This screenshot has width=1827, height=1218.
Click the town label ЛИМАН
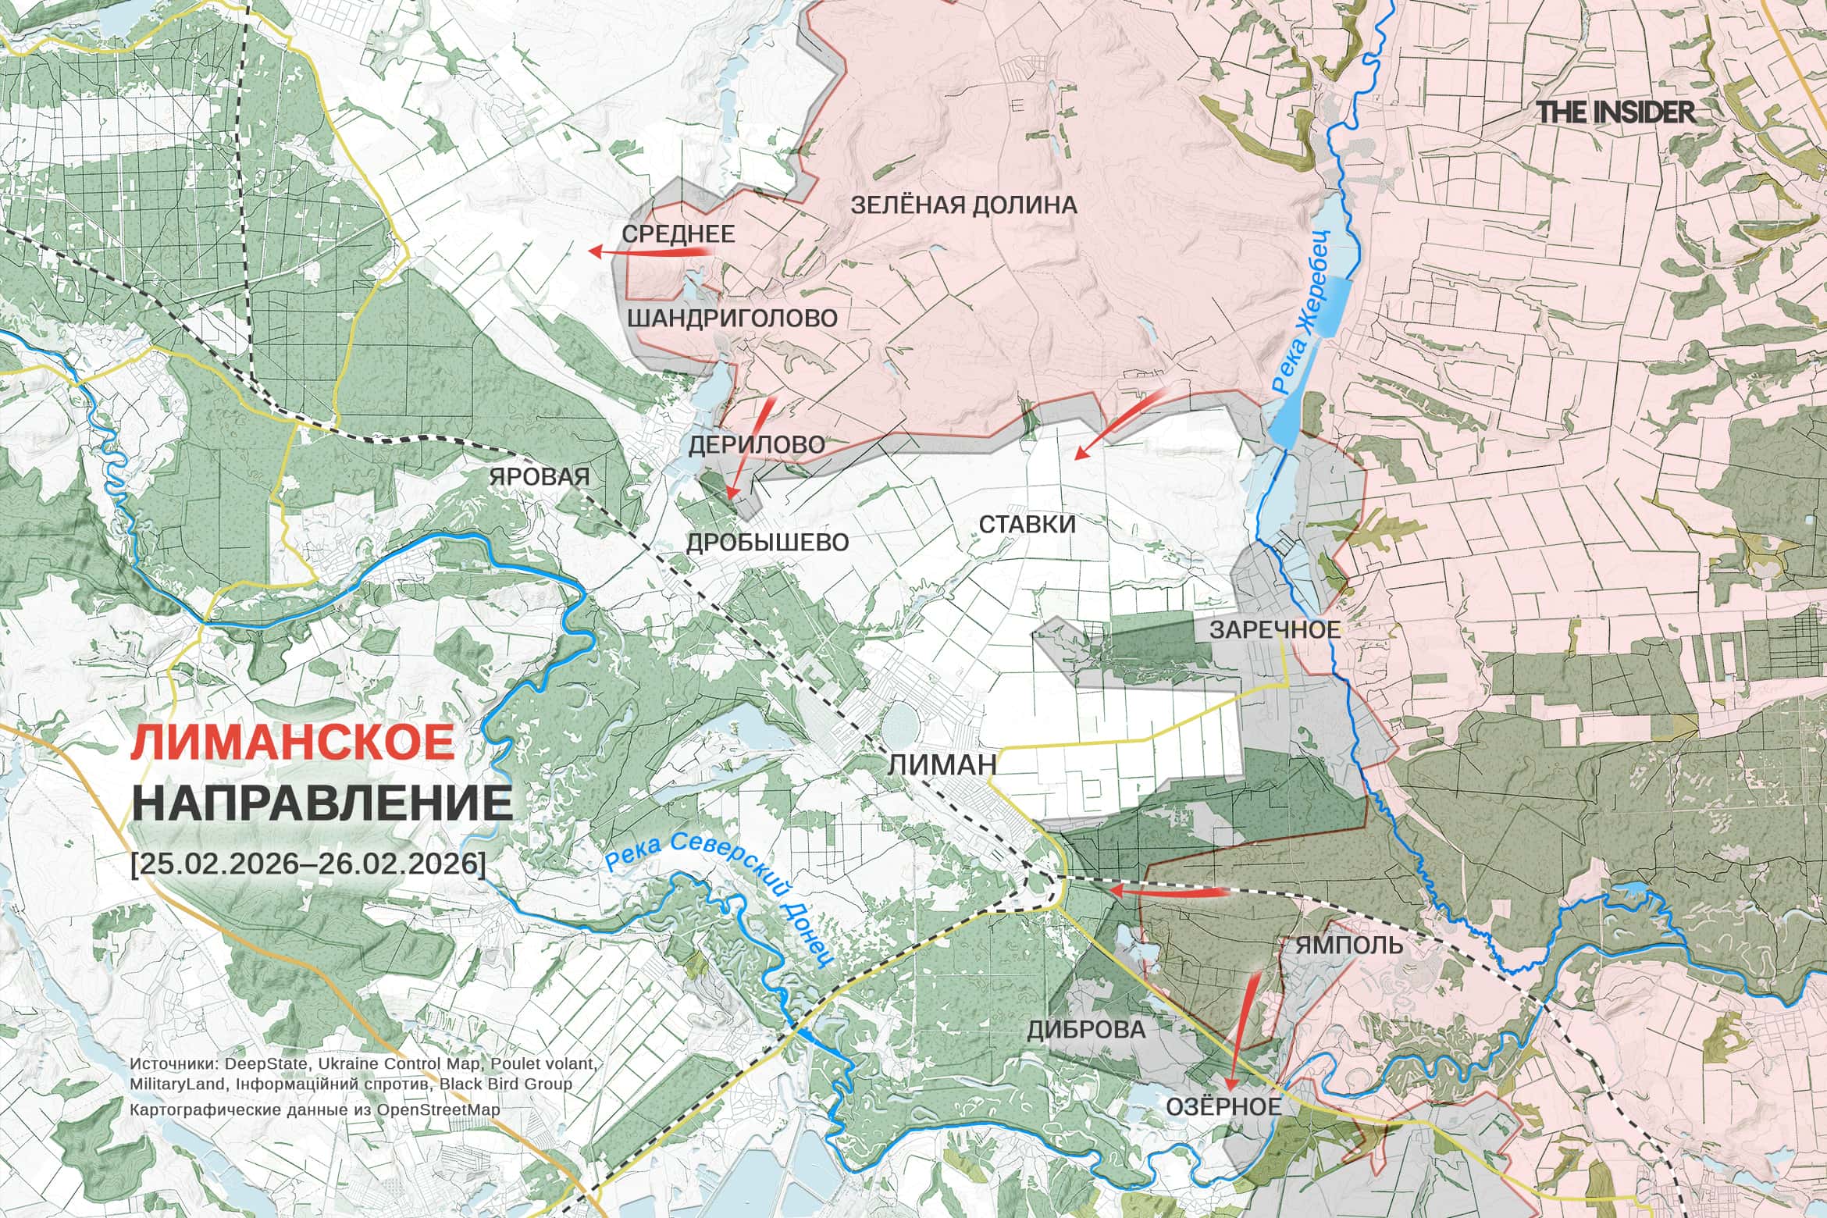[942, 764]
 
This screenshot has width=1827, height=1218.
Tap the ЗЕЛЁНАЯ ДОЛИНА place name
[963, 205]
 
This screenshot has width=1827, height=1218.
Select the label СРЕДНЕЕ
[678, 233]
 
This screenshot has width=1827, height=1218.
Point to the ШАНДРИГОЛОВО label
[732, 318]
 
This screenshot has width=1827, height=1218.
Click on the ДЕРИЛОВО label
[757, 445]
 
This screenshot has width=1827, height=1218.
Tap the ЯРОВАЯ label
[539, 476]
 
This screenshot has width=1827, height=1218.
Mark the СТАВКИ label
[1027, 524]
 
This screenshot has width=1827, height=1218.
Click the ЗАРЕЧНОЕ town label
[1274, 629]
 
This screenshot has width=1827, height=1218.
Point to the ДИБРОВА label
[1086, 1029]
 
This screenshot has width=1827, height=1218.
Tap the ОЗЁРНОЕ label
[1223, 1106]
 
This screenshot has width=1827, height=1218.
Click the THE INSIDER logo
[1616, 112]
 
